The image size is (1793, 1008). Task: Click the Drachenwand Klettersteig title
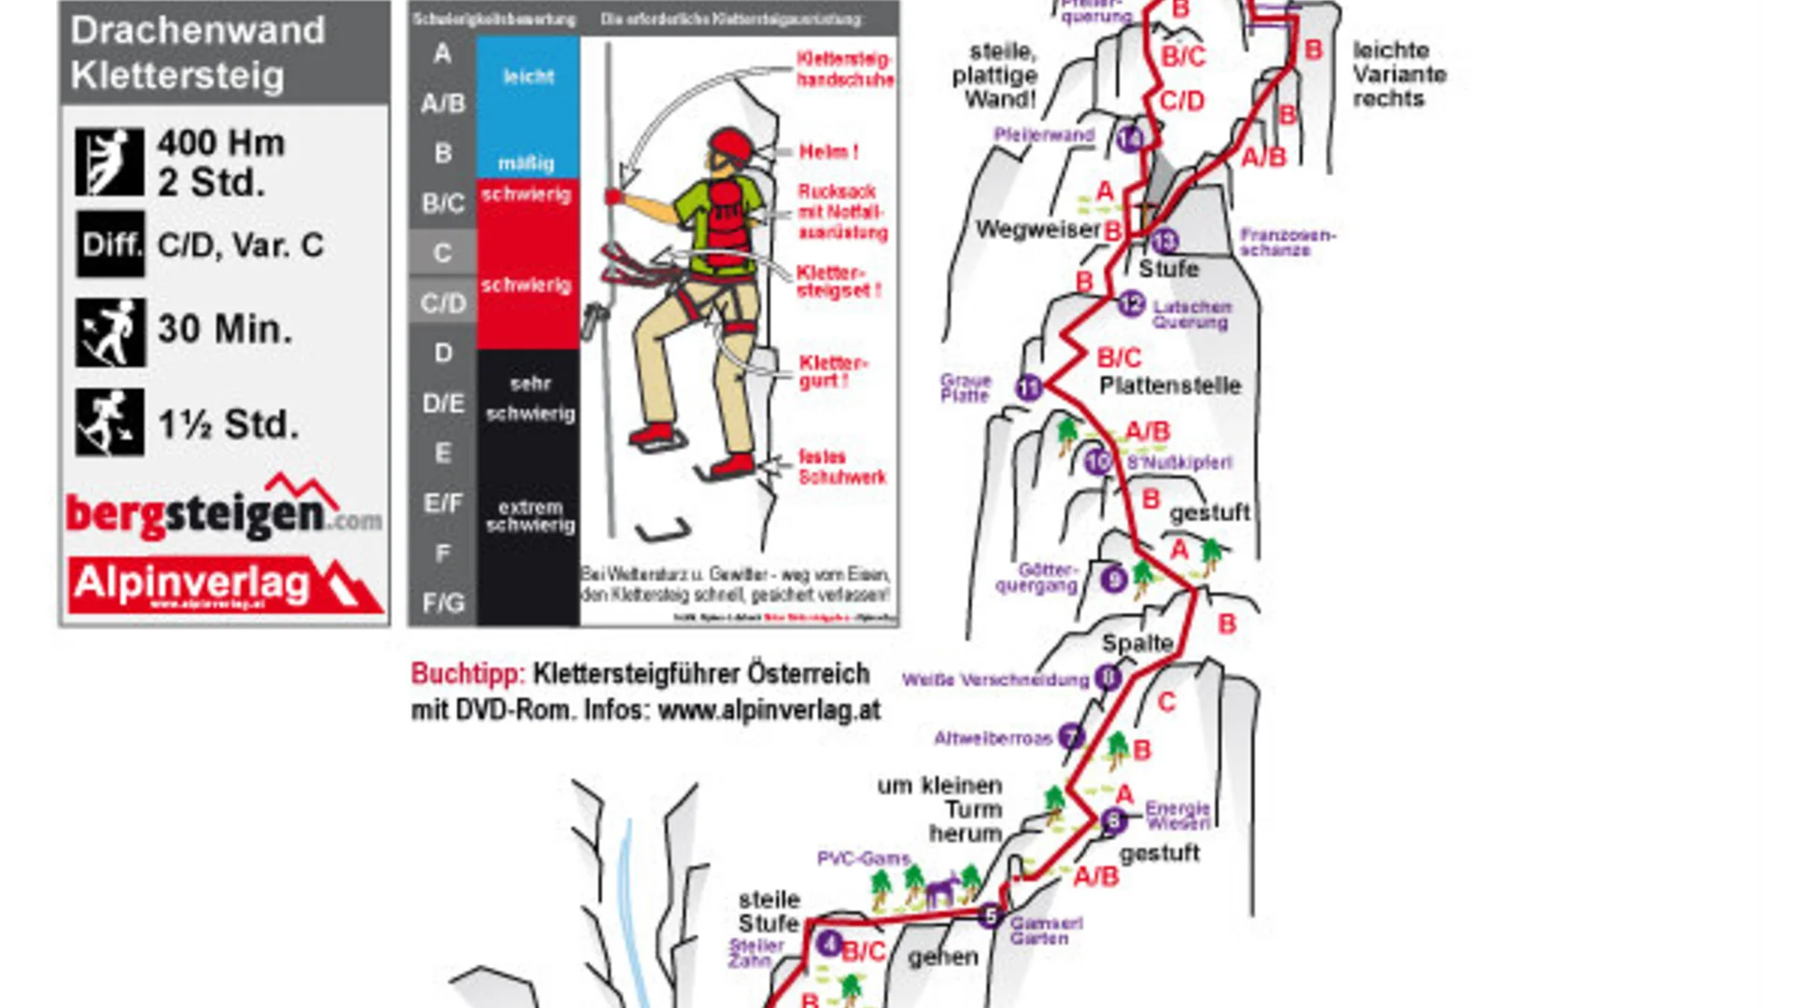coord(198,52)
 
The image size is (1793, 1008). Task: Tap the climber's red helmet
coord(730,145)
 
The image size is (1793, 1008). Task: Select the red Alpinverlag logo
coord(224,584)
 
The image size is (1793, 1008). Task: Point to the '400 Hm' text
coord(221,143)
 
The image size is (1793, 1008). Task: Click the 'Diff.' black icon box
coord(110,245)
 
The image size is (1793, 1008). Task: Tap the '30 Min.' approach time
coord(225,329)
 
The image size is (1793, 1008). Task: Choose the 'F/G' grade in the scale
coord(443,603)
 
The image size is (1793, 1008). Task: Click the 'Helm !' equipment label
coord(828,151)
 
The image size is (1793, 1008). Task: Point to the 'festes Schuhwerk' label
coord(841,467)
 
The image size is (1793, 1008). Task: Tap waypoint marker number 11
coord(1029,386)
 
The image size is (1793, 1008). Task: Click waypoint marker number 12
coord(1131,303)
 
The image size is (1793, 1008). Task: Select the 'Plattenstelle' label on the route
coord(1170,385)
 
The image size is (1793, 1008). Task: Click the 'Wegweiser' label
coord(1038,230)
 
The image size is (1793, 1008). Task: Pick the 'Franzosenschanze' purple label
coord(1288,242)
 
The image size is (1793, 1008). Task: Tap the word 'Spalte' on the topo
coord(1137,643)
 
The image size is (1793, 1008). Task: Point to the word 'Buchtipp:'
coord(468,674)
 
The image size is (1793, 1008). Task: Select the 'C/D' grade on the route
coord(1181,101)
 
